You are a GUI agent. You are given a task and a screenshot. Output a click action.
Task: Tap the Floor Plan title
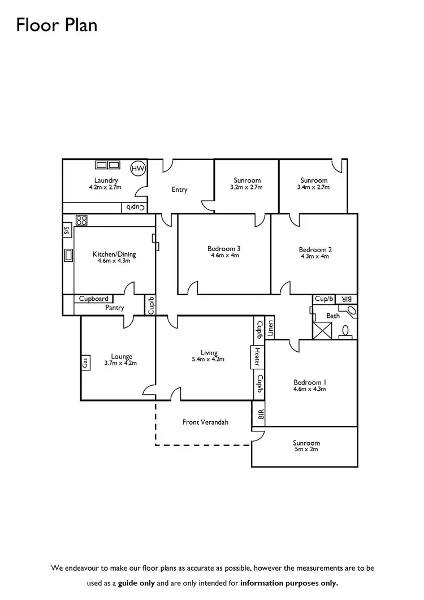(57, 25)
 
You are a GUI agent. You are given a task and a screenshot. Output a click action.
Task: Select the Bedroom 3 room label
(224, 248)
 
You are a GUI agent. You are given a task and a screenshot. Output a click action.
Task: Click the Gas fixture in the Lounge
(85, 361)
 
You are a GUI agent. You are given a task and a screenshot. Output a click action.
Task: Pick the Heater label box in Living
(257, 356)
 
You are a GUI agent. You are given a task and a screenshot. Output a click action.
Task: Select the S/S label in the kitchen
(67, 230)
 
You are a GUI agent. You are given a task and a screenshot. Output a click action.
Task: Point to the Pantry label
(115, 308)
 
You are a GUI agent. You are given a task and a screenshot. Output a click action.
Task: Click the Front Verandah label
(205, 422)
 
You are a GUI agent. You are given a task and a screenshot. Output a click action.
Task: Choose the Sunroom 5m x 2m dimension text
(306, 450)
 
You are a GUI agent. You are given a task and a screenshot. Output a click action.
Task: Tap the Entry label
(179, 189)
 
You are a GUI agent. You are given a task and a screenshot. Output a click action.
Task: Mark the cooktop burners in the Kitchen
(81, 220)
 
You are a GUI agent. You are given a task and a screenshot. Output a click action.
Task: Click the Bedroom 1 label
(309, 382)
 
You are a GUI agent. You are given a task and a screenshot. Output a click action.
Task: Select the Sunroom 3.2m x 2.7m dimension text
(246, 187)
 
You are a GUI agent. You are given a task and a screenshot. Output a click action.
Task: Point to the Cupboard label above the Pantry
(94, 299)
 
